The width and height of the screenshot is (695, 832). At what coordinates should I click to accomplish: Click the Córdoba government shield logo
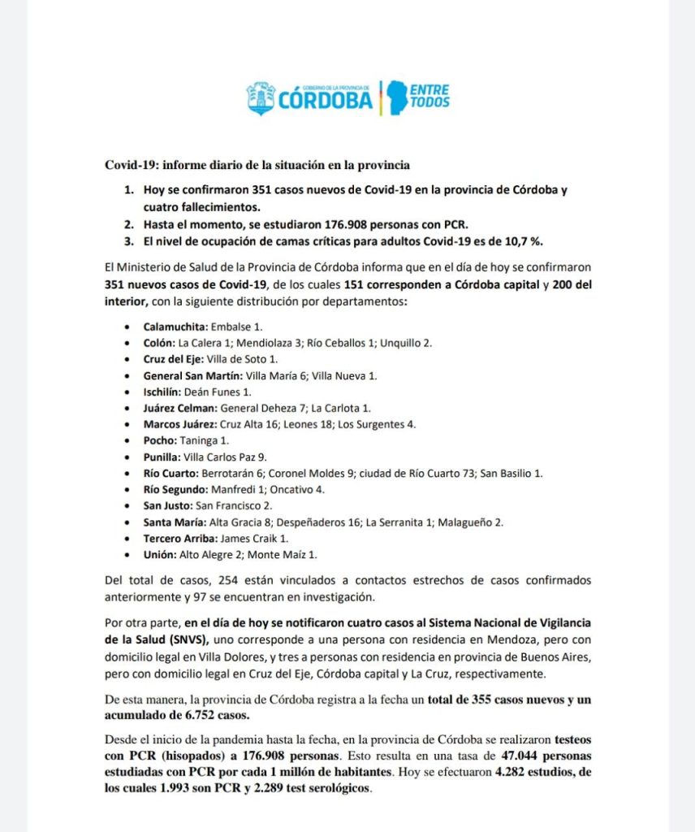pos(261,97)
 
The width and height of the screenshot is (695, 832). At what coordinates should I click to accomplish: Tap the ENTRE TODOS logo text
pos(430,96)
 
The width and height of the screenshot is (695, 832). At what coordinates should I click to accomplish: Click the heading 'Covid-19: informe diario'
pos(257,164)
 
